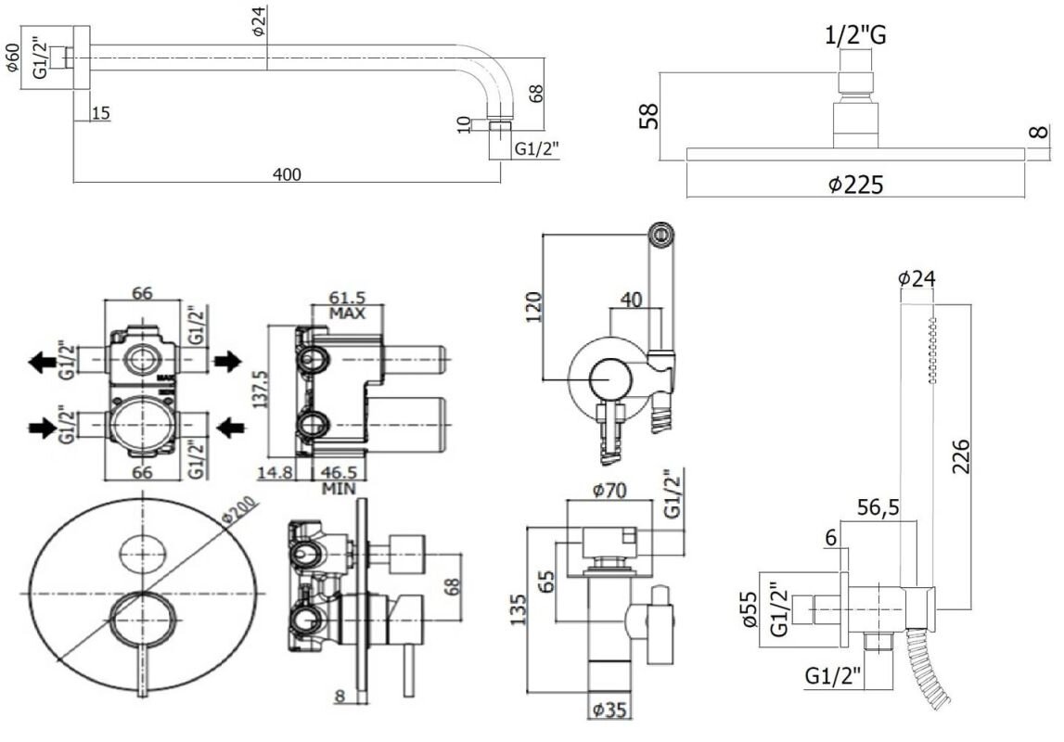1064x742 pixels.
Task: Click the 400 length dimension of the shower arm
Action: (x=288, y=173)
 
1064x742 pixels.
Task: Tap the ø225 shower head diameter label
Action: (x=855, y=185)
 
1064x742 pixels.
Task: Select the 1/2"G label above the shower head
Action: (x=855, y=36)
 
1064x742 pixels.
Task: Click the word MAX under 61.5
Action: (x=348, y=313)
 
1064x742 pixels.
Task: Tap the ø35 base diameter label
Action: (x=609, y=711)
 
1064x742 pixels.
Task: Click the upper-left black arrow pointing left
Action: (x=45, y=362)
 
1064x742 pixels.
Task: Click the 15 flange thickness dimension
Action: (x=101, y=113)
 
